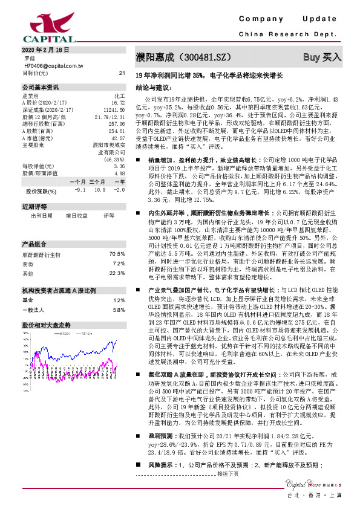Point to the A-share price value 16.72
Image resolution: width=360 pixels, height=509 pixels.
pyautogui.click(x=118, y=102)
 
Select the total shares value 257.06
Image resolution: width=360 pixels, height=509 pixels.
pyautogui.click(x=116, y=123)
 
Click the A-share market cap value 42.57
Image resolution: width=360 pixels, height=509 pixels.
pyautogui.click(x=117, y=138)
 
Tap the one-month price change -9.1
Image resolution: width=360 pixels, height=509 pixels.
pyautogui.click(x=78, y=190)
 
